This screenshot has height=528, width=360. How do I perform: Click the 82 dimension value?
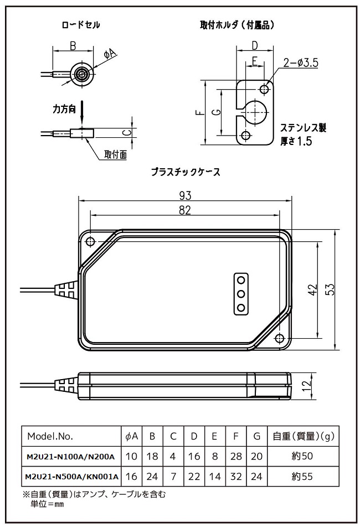(x=185, y=210)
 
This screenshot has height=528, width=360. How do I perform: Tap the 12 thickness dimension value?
(x=307, y=386)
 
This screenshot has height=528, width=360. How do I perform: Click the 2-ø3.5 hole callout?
(x=300, y=63)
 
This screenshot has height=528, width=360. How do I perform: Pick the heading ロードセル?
(x=81, y=25)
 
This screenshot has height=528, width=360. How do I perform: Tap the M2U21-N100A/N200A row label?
(x=70, y=457)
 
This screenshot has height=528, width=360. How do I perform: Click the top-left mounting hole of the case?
(x=90, y=241)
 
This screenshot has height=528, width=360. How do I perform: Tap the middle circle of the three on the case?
(x=241, y=294)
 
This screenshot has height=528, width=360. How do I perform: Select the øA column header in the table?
(x=132, y=436)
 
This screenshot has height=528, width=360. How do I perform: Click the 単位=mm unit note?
(x=44, y=504)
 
